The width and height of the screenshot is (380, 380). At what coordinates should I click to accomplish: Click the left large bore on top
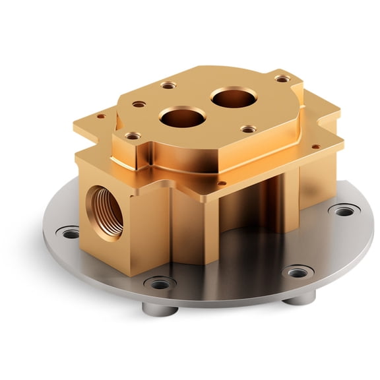pyautogui.click(x=182, y=118)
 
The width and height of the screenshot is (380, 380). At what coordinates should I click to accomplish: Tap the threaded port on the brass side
pyautogui.click(x=106, y=210)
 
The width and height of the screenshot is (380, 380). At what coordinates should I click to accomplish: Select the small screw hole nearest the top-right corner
pyautogui.click(x=282, y=79)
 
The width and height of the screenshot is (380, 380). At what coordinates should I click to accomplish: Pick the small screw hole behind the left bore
pyautogui.click(x=169, y=85)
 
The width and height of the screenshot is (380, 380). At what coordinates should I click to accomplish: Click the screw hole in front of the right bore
pyautogui.click(x=248, y=129)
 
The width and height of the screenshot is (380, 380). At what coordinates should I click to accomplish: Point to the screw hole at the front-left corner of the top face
pyautogui.click(x=133, y=136)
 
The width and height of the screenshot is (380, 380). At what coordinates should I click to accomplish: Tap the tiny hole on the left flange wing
pyautogui.click(x=101, y=116)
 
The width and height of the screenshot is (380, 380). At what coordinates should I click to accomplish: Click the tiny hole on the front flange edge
pyautogui.click(x=222, y=183)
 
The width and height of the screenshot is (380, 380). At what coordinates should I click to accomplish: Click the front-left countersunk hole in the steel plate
pyautogui.click(x=160, y=284)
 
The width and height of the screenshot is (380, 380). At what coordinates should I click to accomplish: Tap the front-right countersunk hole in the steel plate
pyautogui.click(x=298, y=271)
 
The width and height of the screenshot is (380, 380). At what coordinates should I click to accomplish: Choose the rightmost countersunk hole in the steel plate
pyautogui.click(x=344, y=211)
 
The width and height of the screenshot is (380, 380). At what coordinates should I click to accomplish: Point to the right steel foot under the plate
pyautogui.click(x=300, y=298)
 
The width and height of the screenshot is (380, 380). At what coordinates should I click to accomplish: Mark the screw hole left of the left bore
pyautogui.click(x=139, y=104)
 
